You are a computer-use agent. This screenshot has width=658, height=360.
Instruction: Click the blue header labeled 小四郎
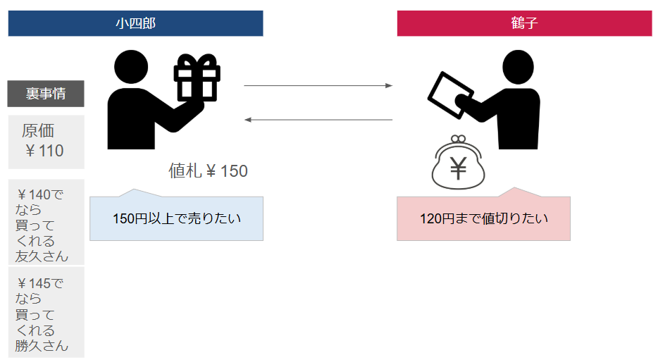(x=135, y=23)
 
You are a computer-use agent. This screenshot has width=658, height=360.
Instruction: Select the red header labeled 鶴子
(x=524, y=23)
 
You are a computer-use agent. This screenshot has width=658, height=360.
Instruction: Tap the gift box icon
(x=197, y=79)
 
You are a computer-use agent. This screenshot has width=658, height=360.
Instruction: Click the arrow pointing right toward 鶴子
(x=318, y=86)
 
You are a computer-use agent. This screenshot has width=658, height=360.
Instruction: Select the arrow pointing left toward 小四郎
(x=318, y=120)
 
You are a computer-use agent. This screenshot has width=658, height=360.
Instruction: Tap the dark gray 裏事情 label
(x=46, y=94)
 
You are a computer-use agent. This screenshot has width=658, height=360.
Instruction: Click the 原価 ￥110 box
(x=46, y=142)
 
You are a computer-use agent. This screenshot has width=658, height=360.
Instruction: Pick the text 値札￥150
(x=208, y=171)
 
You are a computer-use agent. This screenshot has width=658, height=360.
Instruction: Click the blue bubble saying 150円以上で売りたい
(x=176, y=218)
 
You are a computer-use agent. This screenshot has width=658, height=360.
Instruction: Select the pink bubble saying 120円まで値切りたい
(x=483, y=218)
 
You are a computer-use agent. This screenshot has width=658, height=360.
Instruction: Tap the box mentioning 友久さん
(x=46, y=223)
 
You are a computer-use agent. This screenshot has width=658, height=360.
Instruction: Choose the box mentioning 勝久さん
(x=46, y=312)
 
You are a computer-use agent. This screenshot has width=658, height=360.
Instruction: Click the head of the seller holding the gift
(x=130, y=67)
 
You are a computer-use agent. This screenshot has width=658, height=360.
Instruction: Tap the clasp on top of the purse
(x=458, y=139)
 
